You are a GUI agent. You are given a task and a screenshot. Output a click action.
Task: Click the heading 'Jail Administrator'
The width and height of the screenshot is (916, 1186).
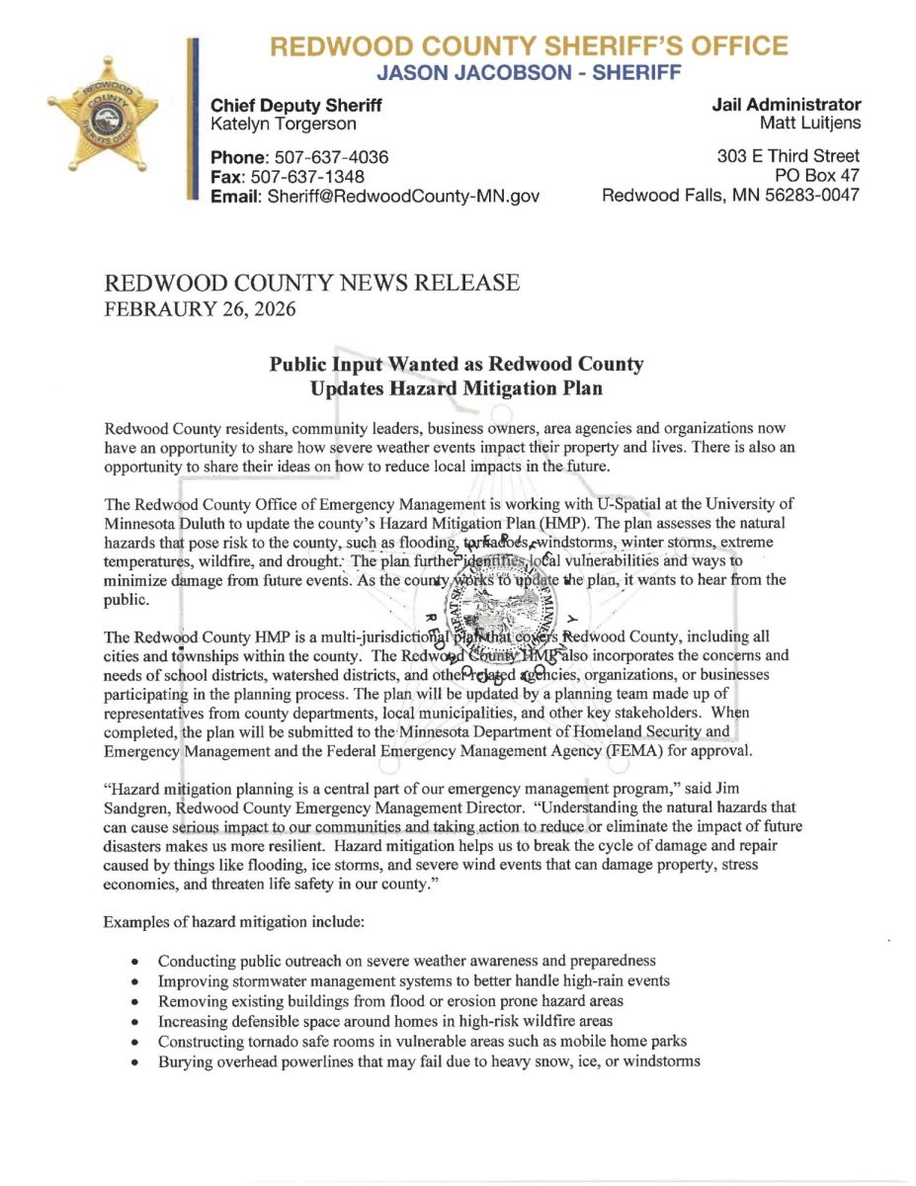(x=786, y=105)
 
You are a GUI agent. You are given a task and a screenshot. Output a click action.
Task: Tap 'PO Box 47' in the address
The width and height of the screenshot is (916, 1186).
(x=818, y=176)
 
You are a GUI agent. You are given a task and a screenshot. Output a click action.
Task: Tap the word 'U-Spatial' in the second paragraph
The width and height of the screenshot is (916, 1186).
(x=662, y=506)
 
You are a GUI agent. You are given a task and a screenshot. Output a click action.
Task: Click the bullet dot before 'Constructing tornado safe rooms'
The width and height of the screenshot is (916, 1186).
(x=134, y=1042)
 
